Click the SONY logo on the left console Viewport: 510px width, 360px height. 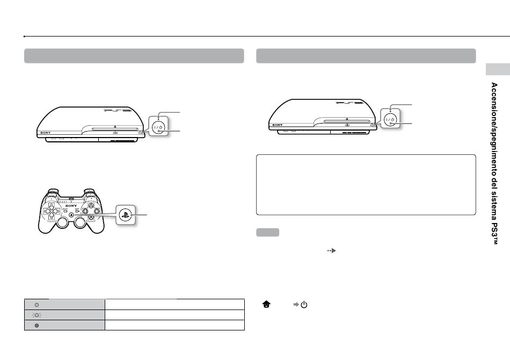46,133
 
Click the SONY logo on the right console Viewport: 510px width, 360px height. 278,125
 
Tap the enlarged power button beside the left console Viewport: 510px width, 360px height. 159,127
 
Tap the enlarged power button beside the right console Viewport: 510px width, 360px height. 390,119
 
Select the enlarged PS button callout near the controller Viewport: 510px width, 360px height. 126,215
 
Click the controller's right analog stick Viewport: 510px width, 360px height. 81,222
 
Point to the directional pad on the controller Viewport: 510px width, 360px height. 52,211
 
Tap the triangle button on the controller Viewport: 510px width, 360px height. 91,205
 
